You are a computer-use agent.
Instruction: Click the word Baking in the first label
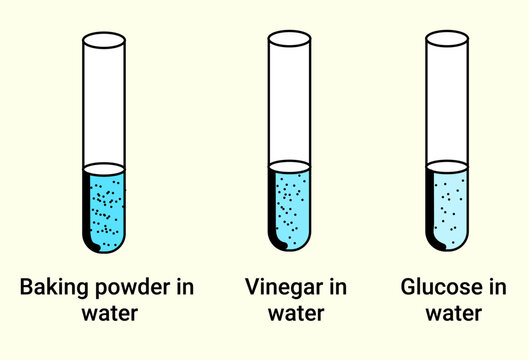click(x=53, y=288)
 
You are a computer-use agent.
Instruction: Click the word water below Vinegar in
click(x=296, y=314)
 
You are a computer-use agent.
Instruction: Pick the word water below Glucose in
click(x=453, y=314)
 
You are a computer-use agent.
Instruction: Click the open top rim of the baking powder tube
click(x=104, y=40)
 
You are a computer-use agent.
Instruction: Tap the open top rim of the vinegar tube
click(x=290, y=40)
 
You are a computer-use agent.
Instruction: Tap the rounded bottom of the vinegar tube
click(x=290, y=243)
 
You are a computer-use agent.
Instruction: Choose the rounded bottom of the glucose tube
click(x=447, y=243)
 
